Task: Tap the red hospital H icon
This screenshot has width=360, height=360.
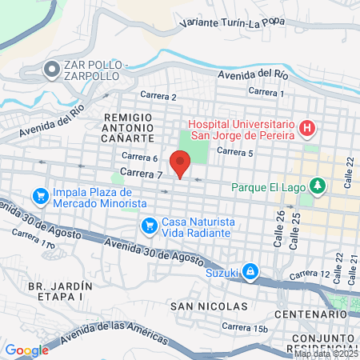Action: click(x=306, y=128)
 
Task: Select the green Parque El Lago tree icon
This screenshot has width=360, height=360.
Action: click(x=319, y=186)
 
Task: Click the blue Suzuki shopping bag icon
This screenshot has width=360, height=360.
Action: click(x=250, y=272)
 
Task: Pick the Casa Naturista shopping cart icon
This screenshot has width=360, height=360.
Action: click(x=148, y=226)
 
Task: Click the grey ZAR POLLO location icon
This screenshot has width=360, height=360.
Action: click(x=52, y=70)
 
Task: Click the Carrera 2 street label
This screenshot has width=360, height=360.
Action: click(x=158, y=97)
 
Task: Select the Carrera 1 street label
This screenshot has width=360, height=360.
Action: click(x=266, y=93)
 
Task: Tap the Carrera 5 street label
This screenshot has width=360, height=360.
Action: click(x=234, y=151)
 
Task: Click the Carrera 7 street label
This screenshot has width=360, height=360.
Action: click(x=141, y=172)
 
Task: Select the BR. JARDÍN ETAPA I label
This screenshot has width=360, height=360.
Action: click(x=56, y=290)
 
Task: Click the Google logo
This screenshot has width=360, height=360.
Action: click(x=26, y=350)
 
